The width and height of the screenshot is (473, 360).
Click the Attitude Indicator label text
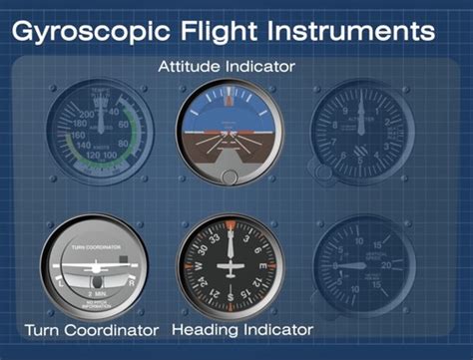pyautogui.click(x=226, y=66)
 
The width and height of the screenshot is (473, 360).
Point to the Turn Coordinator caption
pyautogui.click(x=91, y=330)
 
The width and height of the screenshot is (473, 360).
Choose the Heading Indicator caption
pyautogui.click(x=242, y=329)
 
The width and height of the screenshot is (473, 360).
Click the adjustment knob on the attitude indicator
pyautogui.click(x=231, y=177)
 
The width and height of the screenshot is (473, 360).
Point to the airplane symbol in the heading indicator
pyautogui.click(x=232, y=266)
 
